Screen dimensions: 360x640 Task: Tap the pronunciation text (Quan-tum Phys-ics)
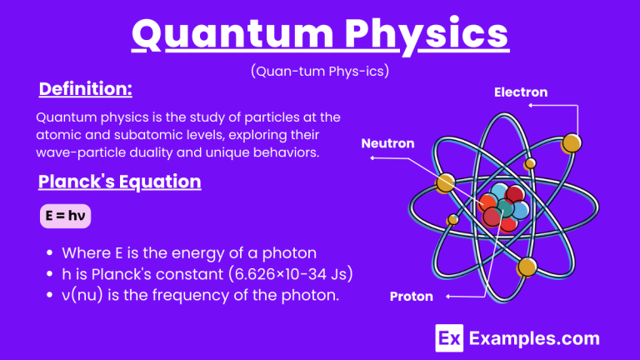click(320, 72)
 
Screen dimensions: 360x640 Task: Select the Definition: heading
click(86, 88)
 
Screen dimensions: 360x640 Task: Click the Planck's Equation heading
click(119, 182)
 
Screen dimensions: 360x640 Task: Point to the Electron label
click(521, 92)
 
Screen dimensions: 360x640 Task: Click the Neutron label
click(387, 143)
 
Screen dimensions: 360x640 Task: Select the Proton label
click(411, 296)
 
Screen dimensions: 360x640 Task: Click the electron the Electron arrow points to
click(571, 143)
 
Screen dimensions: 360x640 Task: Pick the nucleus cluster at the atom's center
click(502, 206)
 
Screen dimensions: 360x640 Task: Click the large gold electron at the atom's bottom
click(526, 267)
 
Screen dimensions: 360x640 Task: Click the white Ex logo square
click(449, 338)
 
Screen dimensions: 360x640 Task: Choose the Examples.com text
click(533, 338)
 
